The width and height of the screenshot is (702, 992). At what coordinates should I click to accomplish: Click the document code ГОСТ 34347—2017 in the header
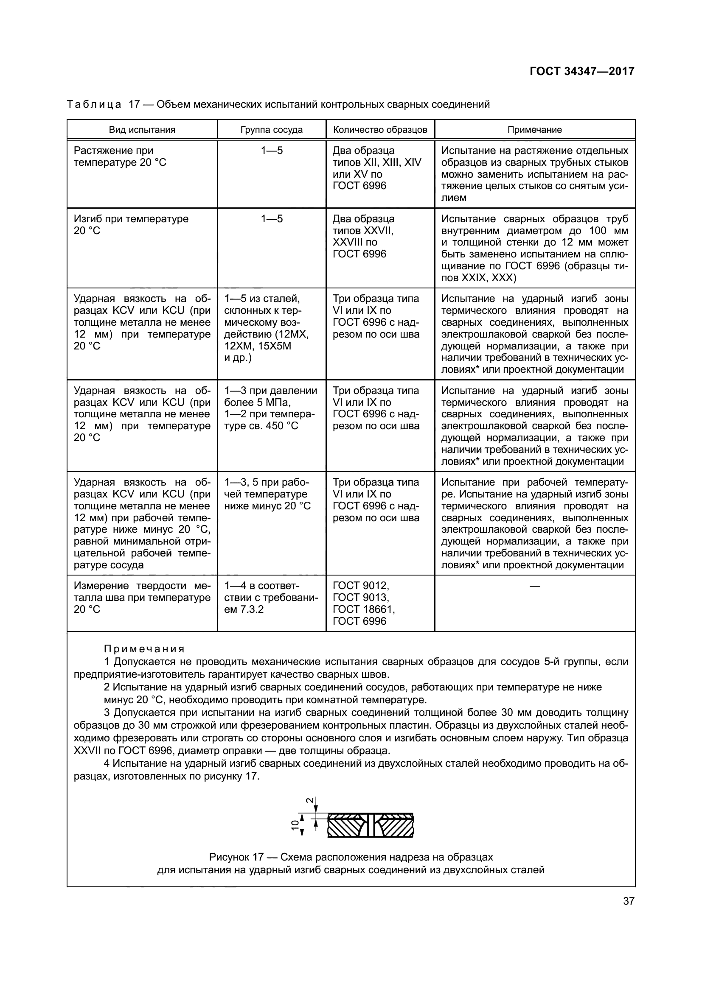(x=581, y=71)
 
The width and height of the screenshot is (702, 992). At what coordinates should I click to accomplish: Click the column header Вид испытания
(x=142, y=130)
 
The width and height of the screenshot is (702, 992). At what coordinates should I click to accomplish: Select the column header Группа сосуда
(x=272, y=130)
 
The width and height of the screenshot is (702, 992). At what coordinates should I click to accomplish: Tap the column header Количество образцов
(x=380, y=130)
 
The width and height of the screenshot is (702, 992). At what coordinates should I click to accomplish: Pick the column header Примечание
(x=534, y=130)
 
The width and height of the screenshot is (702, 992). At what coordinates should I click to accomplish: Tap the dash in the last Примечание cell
(x=534, y=586)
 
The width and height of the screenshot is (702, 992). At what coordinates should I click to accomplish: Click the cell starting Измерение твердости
(x=142, y=598)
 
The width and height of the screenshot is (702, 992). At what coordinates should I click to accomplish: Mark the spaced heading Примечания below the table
(x=144, y=649)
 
